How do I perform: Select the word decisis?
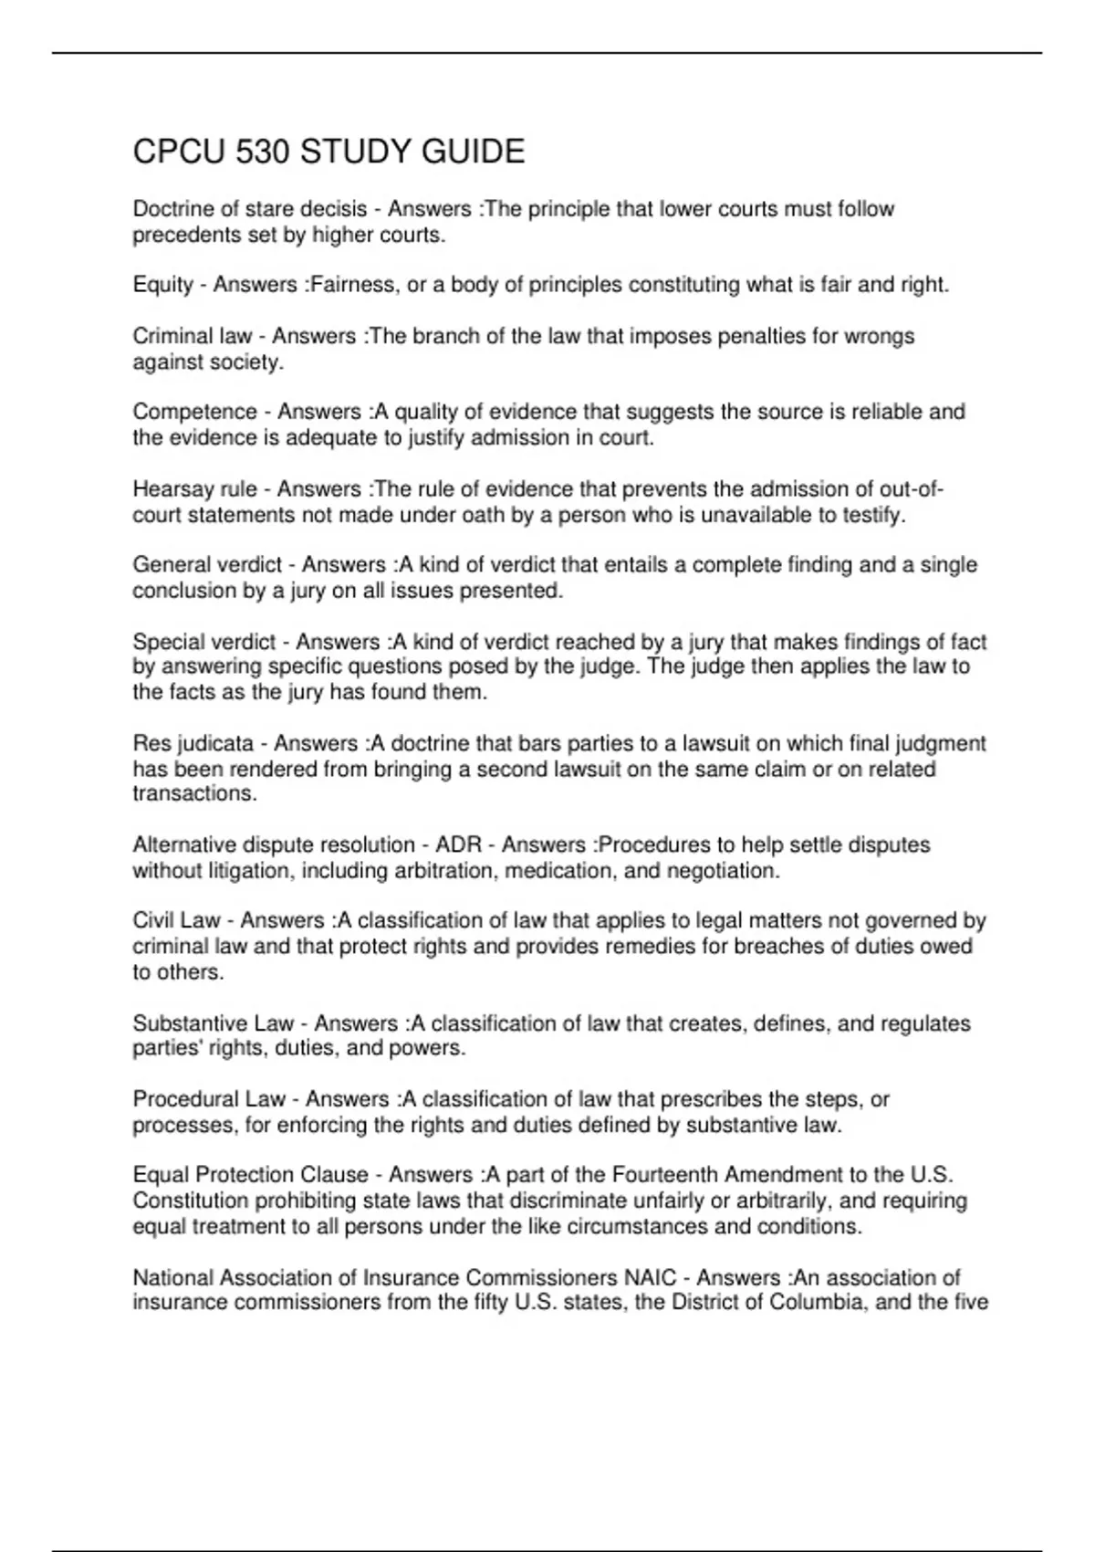(333, 209)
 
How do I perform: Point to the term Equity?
(162, 285)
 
